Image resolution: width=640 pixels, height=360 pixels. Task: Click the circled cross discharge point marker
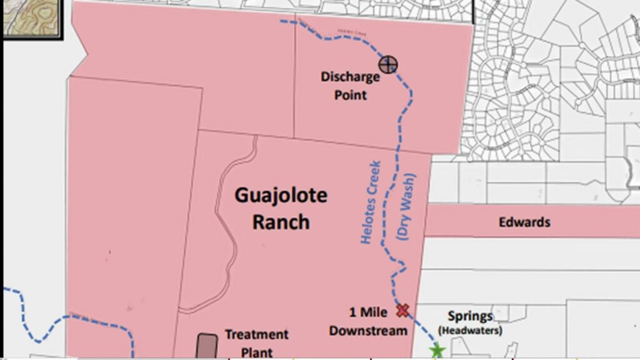point(388,64)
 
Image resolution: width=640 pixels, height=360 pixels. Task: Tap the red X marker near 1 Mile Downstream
point(402,310)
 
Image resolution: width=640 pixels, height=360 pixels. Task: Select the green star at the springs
point(437,351)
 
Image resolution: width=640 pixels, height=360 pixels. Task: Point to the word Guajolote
point(281,196)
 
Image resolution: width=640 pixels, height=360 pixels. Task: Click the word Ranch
point(281,222)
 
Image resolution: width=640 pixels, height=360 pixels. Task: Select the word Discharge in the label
point(350,77)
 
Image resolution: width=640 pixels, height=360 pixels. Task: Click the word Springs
point(470,316)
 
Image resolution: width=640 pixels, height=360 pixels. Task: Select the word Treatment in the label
point(256,334)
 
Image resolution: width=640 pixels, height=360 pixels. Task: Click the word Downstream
point(369,330)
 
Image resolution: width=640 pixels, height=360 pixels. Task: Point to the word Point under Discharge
point(350,96)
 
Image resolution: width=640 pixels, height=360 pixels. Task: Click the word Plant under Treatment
point(257,352)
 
